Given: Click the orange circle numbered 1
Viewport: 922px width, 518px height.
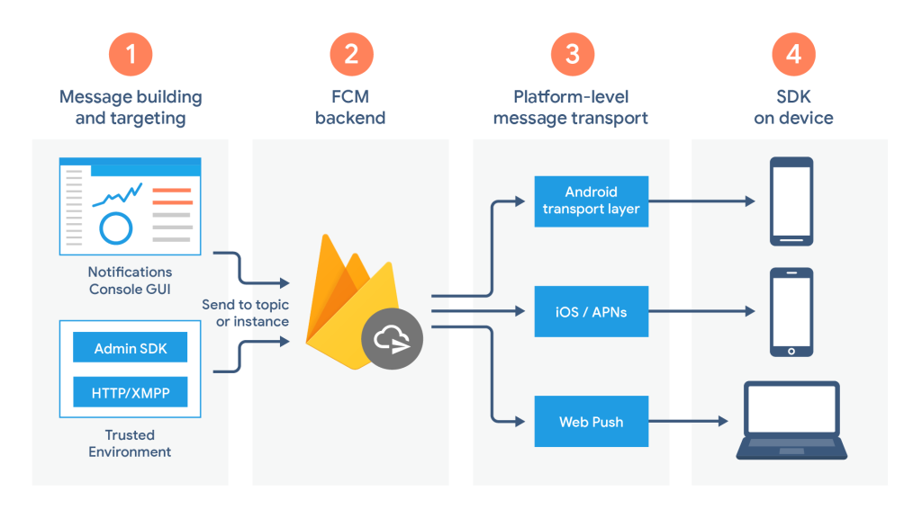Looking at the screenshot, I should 131,54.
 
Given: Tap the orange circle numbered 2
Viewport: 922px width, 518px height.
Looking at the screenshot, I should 351,54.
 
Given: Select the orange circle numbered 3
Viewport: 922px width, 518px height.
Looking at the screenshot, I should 572,54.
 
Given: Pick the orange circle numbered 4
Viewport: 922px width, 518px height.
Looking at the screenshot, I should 793,54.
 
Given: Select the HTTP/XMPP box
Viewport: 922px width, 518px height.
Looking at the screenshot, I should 130,392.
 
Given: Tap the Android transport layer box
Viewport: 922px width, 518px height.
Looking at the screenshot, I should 592,201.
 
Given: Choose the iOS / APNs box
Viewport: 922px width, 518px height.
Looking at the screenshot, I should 592,312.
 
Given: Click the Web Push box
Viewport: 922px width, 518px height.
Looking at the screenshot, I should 592,421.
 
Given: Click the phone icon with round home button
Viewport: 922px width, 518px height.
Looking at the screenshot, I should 791,312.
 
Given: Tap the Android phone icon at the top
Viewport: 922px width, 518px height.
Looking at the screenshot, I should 791,201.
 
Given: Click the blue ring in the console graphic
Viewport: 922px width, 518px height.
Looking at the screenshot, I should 115,228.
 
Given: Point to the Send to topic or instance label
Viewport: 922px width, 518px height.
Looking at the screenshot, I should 246,313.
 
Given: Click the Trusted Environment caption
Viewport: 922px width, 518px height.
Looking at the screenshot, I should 130,443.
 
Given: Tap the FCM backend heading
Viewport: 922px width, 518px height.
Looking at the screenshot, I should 350,107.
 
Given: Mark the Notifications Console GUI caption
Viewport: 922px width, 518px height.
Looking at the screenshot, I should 130,280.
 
